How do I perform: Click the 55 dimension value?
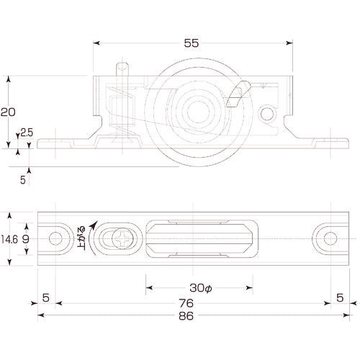coord(192,43)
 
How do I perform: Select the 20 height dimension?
coord(9,112)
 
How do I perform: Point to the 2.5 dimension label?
coord(27,132)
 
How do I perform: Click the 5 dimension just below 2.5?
coord(22,181)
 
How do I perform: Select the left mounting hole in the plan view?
coord(55,238)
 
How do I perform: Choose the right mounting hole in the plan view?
coord(328,238)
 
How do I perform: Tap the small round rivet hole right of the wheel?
coord(268,114)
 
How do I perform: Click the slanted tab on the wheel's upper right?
coord(237,94)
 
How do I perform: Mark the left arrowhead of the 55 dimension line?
coord(96,43)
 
